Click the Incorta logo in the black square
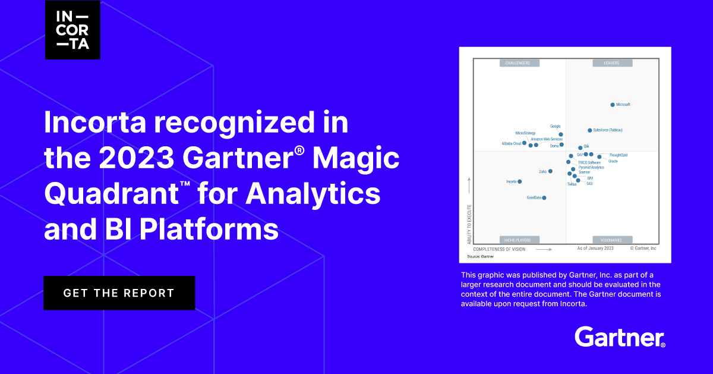click(x=72, y=30)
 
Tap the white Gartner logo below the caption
click(x=620, y=337)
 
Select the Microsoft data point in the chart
click(x=613, y=105)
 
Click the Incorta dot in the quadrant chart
click(x=520, y=181)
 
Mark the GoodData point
click(x=544, y=197)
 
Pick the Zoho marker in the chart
click(x=550, y=171)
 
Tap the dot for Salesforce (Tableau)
click(x=589, y=130)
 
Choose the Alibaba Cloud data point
click(x=523, y=143)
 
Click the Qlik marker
click(x=580, y=147)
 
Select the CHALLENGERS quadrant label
click(x=519, y=62)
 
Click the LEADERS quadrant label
click(x=611, y=62)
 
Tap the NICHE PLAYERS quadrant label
click(x=519, y=240)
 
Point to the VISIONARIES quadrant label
click(x=611, y=240)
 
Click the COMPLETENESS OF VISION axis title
click(x=499, y=249)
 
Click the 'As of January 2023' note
click(x=595, y=248)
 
